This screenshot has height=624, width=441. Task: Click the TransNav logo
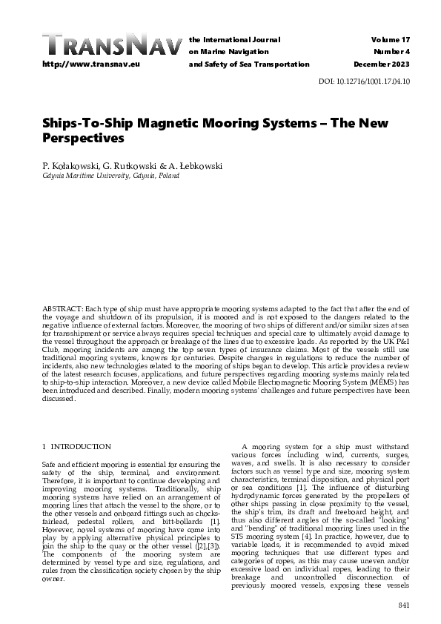pos(111,45)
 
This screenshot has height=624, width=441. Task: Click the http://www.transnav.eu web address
pos(91,64)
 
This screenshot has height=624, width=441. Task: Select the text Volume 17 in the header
pos(392,38)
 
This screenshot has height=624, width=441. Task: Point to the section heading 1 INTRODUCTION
pos(76,447)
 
